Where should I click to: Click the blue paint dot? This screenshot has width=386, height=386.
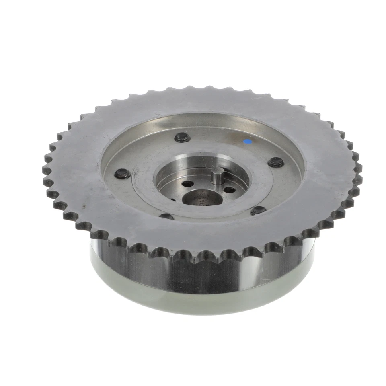[x=247, y=142]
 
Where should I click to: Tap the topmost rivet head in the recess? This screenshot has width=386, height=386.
[x=183, y=138]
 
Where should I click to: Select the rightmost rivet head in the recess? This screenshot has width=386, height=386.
[x=276, y=162]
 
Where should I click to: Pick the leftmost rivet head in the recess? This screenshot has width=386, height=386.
[x=122, y=174]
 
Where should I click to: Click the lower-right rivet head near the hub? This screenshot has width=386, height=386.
[x=258, y=210]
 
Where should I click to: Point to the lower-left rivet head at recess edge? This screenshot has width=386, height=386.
[x=166, y=216]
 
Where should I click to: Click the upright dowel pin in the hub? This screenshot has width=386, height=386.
[x=218, y=175]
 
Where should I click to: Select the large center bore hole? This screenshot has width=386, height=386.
[x=201, y=197]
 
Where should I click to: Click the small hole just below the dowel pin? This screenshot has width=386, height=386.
[x=229, y=189]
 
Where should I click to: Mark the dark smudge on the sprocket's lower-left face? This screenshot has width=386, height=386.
[x=83, y=206]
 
